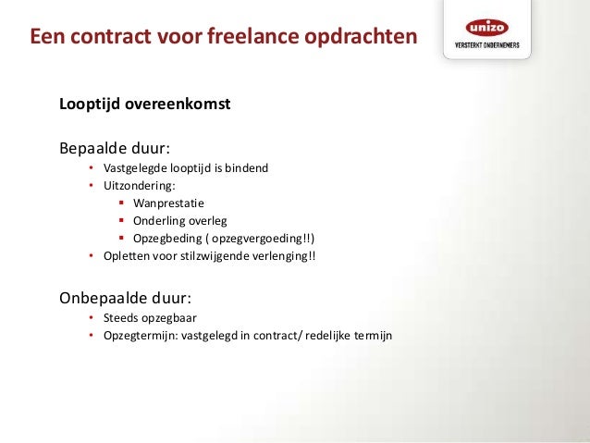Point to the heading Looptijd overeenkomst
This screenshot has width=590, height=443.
click(x=144, y=104)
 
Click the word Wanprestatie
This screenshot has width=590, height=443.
click(x=168, y=203)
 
